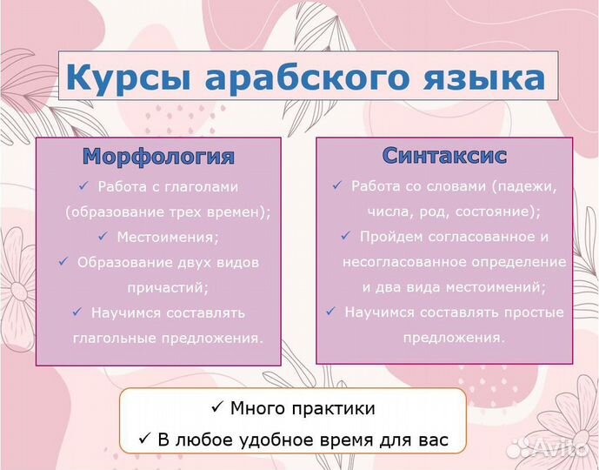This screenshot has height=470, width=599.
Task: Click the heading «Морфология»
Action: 158,157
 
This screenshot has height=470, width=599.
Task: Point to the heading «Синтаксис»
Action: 444,156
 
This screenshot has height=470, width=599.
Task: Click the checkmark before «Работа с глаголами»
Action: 83,186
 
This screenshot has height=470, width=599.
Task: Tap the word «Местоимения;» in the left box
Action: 168,237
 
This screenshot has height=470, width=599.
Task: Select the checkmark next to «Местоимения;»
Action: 103,236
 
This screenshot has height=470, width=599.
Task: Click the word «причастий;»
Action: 168,287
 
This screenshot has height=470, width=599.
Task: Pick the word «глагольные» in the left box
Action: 114,339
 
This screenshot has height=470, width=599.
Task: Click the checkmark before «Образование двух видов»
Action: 63,262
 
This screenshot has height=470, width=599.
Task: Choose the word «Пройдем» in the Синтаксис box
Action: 390,237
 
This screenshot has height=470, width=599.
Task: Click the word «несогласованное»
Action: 404,262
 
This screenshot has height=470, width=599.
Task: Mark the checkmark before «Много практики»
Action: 216,407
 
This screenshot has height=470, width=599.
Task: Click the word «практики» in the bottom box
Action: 334,409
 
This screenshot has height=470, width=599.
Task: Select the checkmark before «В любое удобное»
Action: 144,439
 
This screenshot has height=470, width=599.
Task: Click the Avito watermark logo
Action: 550,447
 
